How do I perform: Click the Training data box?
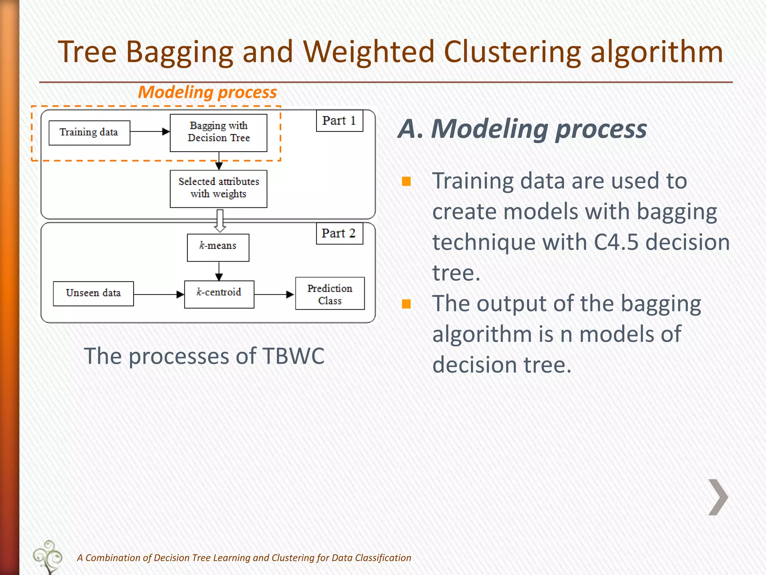(89, 133)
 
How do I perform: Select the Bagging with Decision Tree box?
(218, 133)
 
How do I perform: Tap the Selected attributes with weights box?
(218, 188)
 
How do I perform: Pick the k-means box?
(218, 247)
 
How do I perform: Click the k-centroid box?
(219, 294)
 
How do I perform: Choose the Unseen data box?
(93, 293)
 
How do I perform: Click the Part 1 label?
(339, 121)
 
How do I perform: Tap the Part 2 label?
(339, 233)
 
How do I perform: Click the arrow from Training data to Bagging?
(150, 132)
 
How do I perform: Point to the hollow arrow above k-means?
(220, 220)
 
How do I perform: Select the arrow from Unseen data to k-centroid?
(159, 295)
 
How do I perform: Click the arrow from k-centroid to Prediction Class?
(274, 295)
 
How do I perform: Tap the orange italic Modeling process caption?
(207, 92)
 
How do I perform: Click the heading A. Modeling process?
(522, 129)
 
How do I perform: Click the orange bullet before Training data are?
(406, 182)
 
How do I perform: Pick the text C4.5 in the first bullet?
(616, 242)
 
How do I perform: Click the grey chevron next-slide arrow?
(718, 497)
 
